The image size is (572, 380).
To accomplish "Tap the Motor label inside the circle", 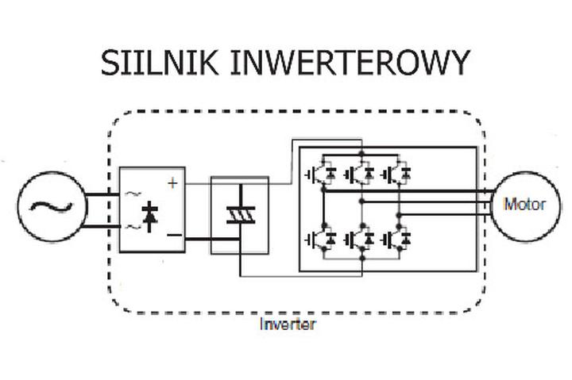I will (525, 204).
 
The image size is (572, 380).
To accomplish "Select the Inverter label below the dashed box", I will (287, 324).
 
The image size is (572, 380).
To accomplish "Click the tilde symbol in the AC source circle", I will (52, 208).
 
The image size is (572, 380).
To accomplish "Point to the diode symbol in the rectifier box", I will (149, 213).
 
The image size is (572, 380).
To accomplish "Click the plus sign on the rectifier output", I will (172, 182).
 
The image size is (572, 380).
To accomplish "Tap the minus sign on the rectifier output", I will (172, 236).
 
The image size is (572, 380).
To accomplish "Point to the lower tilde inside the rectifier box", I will (132, 227).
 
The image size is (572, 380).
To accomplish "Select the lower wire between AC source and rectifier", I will (102, 229).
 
